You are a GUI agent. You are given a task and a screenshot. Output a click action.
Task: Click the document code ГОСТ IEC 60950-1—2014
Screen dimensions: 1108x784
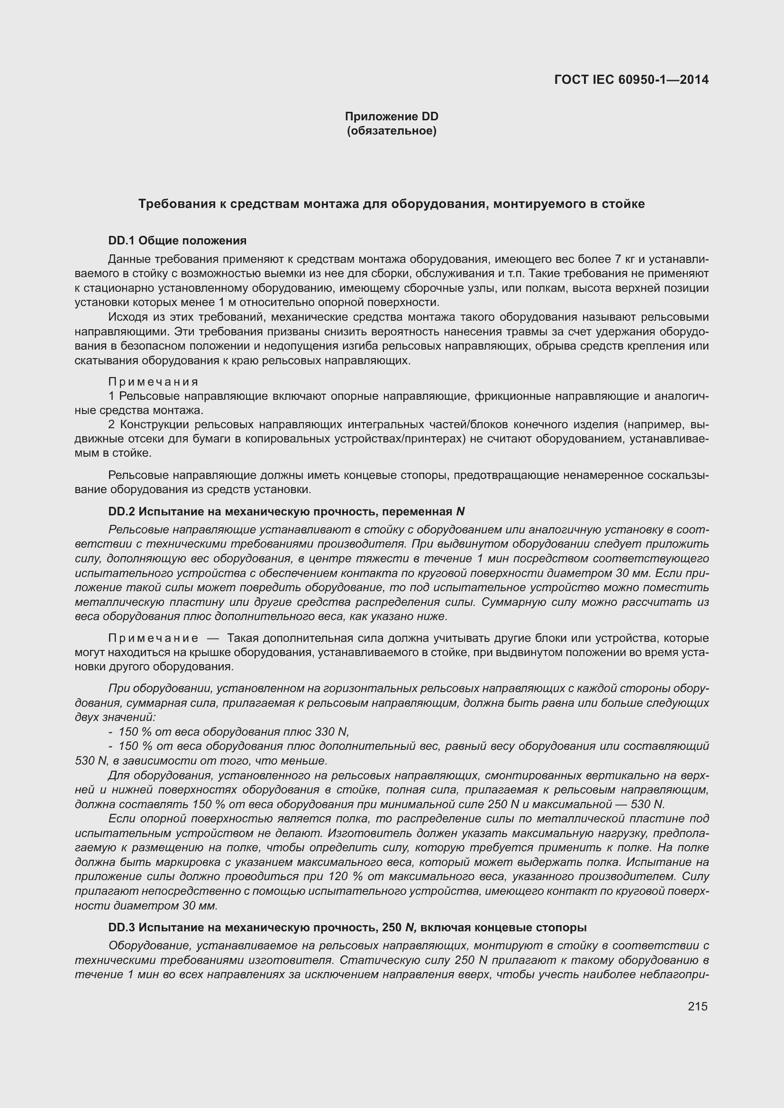coord(631,80)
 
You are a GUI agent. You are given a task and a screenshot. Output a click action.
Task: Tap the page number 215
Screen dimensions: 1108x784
coord(698,1006)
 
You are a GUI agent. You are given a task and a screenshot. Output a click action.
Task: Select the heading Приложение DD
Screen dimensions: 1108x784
coord(392,117)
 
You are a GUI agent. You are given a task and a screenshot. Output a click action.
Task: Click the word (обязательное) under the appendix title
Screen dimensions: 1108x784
coord(392,131)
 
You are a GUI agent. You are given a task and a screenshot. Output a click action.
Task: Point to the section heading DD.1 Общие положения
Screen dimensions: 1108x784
coord(177,240)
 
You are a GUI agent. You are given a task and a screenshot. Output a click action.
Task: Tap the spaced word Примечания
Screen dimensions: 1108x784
coord(153,382)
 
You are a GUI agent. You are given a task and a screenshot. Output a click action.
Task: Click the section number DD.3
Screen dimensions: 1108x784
coord(122,928)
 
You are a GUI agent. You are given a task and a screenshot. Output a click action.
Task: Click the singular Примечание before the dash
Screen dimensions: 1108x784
coord(153,638)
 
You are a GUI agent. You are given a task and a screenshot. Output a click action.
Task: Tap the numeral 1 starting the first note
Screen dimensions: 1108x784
coord(111,396)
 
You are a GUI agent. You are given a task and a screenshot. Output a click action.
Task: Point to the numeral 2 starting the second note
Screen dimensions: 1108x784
coord(111,424)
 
